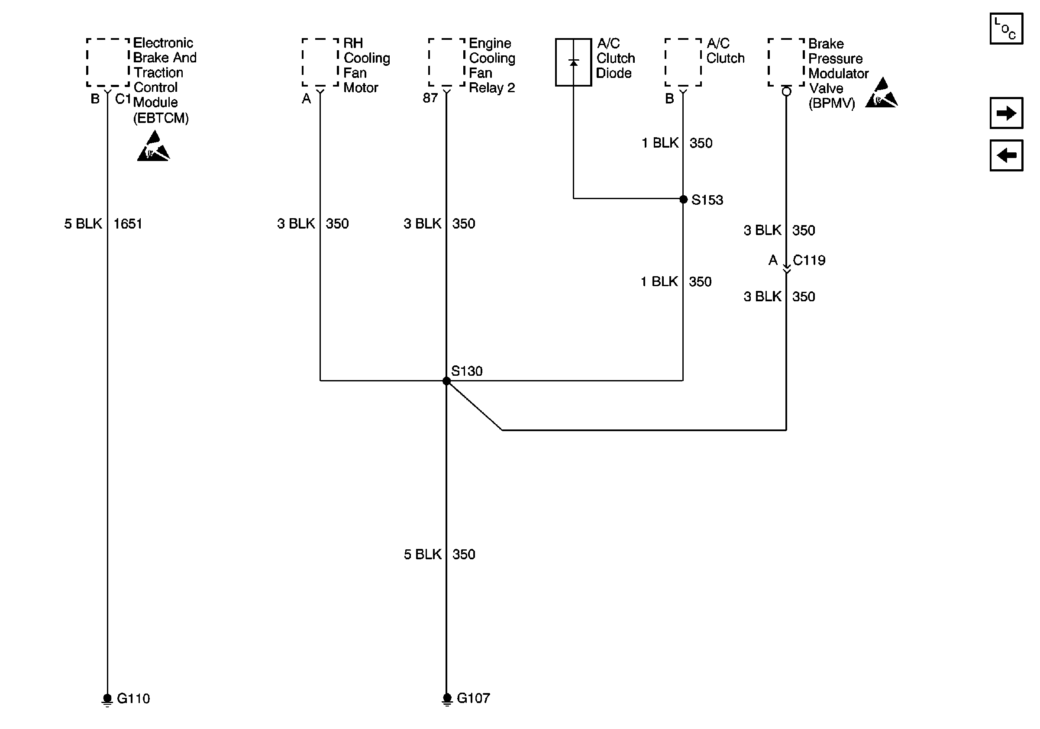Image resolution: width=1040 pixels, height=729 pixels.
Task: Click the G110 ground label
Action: (133, 698)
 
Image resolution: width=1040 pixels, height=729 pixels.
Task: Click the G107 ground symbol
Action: (447, 699)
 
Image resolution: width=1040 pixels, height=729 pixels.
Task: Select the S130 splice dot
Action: (447, 381)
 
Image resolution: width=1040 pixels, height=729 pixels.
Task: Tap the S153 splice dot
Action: (684, 199)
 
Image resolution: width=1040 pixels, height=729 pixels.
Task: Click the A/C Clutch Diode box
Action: (573, 62)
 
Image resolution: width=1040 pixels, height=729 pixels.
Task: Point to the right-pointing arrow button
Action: (1006, 113)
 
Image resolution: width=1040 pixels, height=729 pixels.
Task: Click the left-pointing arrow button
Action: (1006, 155)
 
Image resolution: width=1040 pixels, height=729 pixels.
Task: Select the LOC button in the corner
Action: (1006, 29)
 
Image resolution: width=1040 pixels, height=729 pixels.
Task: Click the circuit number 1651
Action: (128, 224)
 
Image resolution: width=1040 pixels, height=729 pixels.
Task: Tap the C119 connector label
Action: (809, 260)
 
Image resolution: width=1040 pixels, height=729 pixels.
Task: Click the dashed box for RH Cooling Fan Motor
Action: (320, 62)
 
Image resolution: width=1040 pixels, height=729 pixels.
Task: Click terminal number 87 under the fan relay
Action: (430, 98)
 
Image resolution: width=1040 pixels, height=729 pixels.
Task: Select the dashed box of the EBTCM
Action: (108, 62)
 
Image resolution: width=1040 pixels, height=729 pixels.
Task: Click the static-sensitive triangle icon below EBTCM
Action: (154, 147)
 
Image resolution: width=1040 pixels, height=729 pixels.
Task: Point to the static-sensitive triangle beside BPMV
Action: (882, 94)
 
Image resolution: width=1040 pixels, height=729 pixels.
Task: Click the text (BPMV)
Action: (832, 103)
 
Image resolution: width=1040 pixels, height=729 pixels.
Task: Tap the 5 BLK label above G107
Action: (422, 554)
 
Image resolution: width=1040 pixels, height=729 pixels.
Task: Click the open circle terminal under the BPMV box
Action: (787, 91)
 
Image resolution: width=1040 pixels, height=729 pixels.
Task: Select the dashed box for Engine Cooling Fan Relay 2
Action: (447, 62)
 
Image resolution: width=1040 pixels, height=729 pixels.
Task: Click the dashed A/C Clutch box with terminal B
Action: (683, 62)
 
